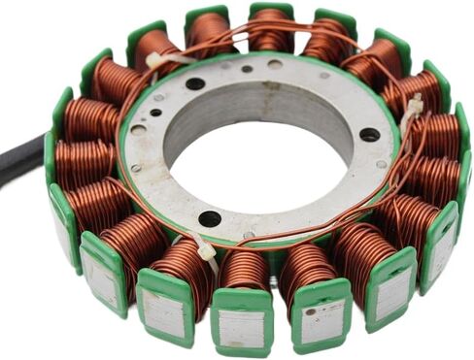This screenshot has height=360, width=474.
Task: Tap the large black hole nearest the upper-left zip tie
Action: tap(195, 83)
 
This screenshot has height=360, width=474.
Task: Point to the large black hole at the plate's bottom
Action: tap(210, 218)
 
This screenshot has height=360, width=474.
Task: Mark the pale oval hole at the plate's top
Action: tap(275, 65)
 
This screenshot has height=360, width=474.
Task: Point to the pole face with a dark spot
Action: tap(318, 316)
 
